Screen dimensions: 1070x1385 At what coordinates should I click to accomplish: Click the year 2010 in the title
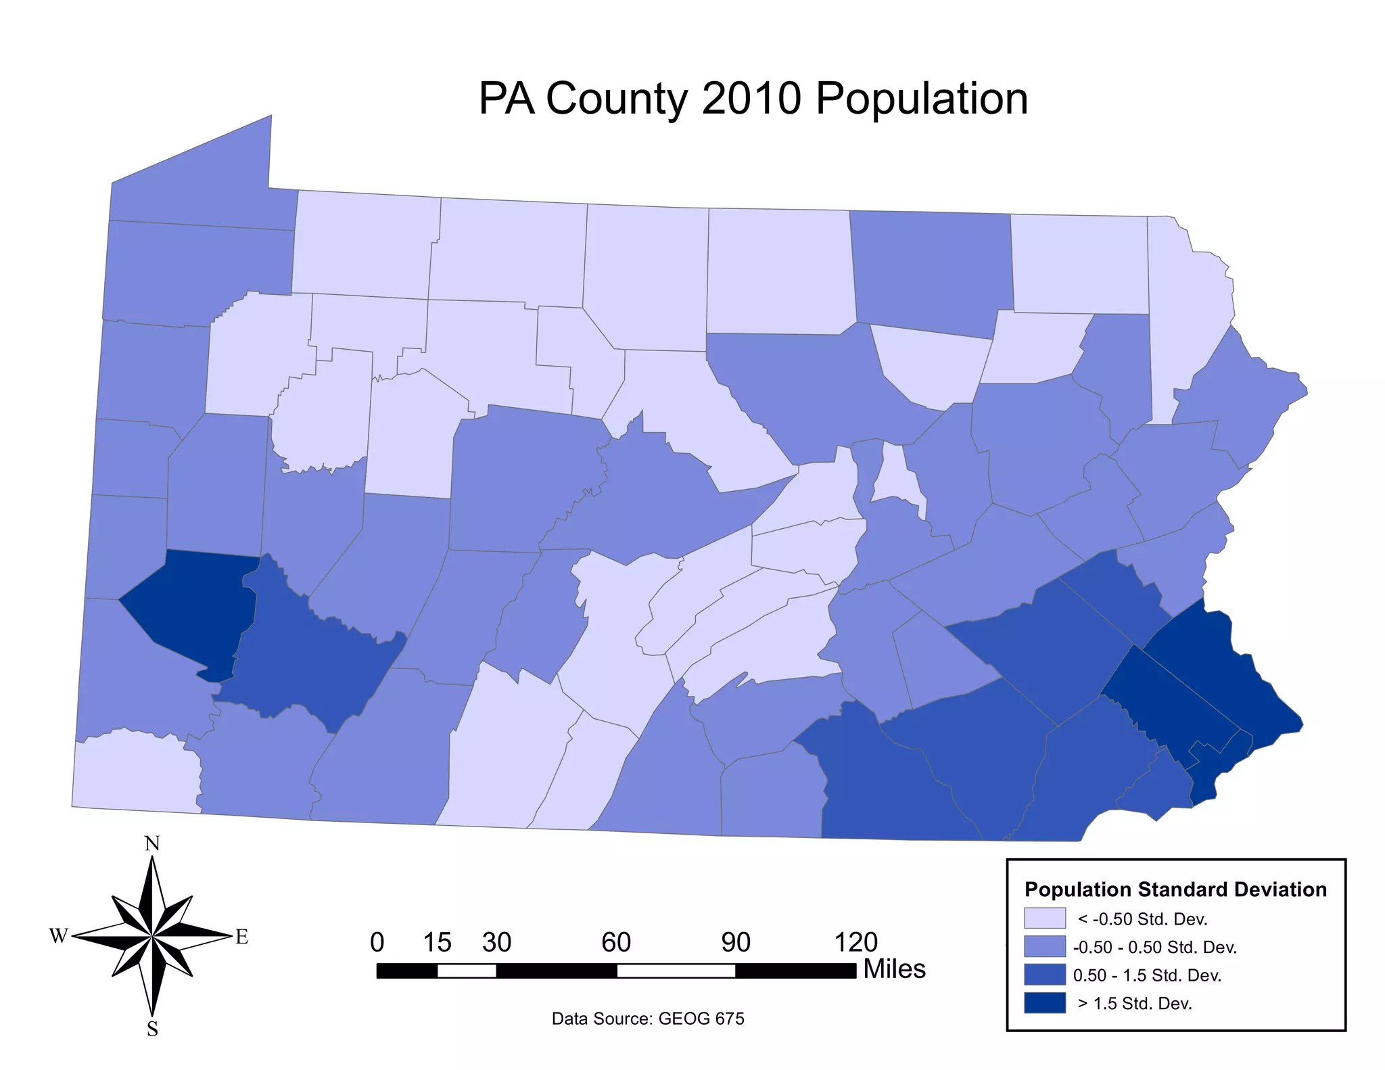(x=751, y=98)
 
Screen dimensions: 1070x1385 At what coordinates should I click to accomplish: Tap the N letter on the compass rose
(x=152, y=844)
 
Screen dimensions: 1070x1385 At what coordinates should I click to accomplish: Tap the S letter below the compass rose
(x=152, y=1029)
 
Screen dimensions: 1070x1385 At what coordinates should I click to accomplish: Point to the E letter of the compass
(x=241, y=937)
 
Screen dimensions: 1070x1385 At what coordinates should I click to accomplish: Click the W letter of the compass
(x=59, y=936)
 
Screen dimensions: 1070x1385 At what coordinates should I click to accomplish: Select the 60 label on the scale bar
(x=616, y=942)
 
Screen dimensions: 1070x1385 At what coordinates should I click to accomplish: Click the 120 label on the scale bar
(x=855, y=942)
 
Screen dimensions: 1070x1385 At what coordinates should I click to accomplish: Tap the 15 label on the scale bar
(x=437, y=942)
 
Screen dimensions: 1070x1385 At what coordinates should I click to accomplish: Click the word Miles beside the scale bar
(x=894, y=969)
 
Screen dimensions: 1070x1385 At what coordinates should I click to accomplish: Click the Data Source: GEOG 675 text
(x=648, y=1019)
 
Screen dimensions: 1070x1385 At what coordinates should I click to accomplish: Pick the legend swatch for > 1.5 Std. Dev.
(x=1044, y=1003)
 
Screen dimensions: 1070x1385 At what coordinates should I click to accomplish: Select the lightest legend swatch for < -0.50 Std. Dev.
(x=1044, y=918)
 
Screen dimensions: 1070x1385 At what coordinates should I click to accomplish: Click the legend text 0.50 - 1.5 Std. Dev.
(x=1147, y=975)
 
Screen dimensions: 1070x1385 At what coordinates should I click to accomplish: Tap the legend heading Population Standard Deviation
(x=1175, y=889)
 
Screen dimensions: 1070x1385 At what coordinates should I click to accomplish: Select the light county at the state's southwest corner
(x=135, y=771)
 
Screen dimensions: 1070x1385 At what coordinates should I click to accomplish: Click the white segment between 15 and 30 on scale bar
(x=467, y=971)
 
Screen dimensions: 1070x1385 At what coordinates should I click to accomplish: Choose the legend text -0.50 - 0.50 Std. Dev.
(x=1154, y=947)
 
